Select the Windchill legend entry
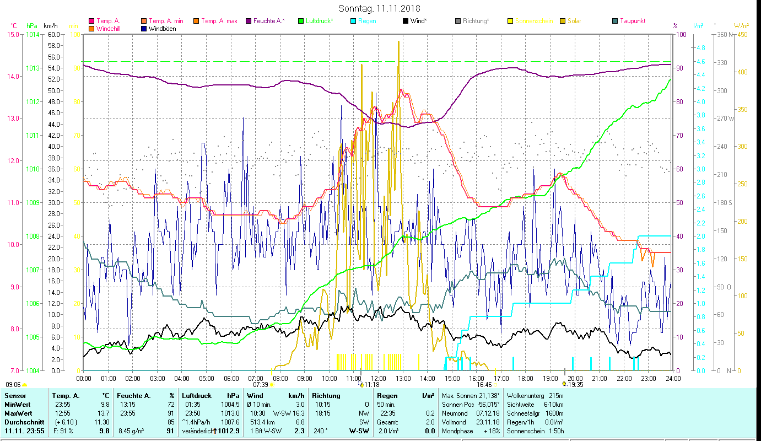click(108, 29)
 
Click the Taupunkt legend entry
click(632, 21)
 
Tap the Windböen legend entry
click(162, 29)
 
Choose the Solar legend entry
click(574, 21)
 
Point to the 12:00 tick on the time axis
click(379, 379)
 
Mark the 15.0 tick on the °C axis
click(12, 34)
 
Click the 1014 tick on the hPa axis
click(32, 34)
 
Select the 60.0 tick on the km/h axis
click(54, 34)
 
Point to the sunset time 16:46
click(484, 385)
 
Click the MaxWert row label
click(18, 413)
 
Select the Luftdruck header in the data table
click(197, 396)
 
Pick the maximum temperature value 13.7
click(104, 413)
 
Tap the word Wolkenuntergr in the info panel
click(525, 396)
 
